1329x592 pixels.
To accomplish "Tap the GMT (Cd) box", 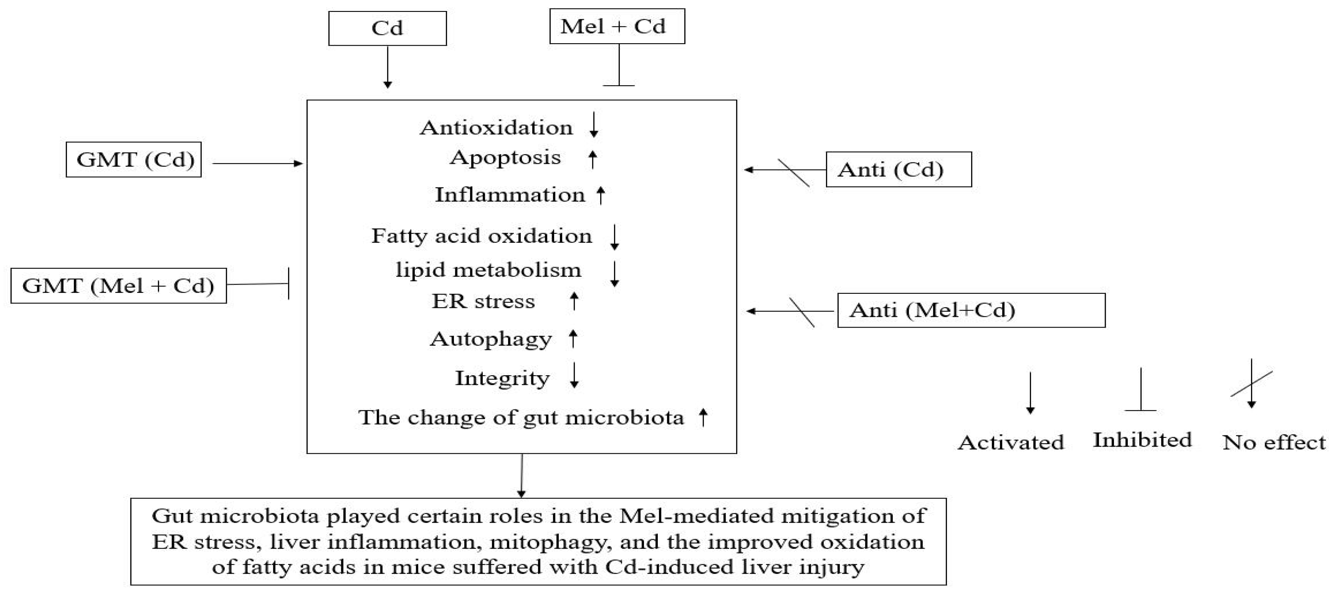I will (134, 160).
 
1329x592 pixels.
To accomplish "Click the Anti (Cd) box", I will (898, 169).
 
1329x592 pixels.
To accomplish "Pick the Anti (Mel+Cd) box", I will (971, 310).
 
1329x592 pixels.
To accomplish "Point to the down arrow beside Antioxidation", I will (594, 125).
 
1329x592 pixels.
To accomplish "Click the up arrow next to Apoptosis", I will (593, 159).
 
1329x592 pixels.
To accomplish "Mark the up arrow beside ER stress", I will (574, 301).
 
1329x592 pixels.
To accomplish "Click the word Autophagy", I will (491, 339).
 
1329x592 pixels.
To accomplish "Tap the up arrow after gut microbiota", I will (703, 417).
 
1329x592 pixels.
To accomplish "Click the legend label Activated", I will (1011, 442).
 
